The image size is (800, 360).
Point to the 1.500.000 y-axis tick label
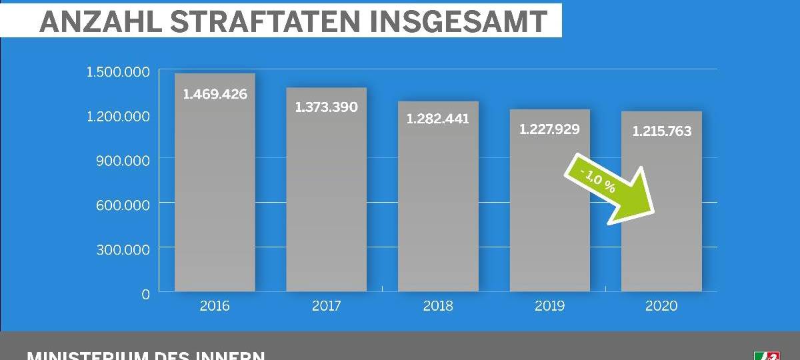[119, 72]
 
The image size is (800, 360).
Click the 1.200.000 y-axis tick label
[119, 117]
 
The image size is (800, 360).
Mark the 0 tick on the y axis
[145, 294]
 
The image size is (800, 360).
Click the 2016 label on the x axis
[215, 306]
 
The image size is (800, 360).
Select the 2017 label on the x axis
[326, 306]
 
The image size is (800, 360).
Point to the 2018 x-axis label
[438, 306]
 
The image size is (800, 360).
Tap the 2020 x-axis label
[661, 306]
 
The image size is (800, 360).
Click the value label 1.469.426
[215, 94]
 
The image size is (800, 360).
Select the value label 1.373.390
[326, 107]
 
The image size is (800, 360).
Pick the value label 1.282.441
[438, 119]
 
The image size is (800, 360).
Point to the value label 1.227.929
[549, 129]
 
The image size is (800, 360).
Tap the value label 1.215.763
[661, 131]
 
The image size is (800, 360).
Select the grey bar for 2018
[438, 213]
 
